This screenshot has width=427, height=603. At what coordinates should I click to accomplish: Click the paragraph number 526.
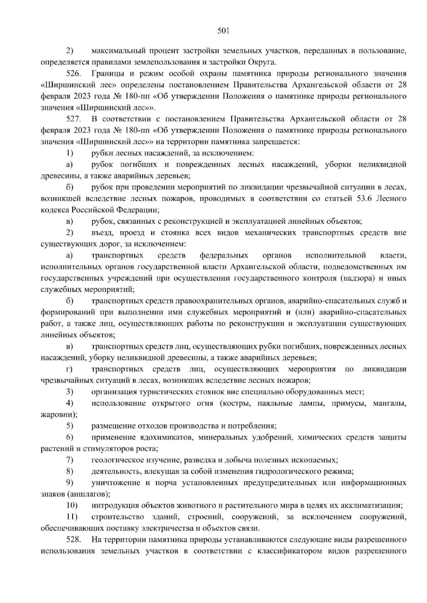(x=74, y=74)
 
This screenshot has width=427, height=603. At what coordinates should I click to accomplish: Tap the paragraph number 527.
(x=74, y=119)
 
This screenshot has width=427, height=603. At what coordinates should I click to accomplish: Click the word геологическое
(x=114, y=460)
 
